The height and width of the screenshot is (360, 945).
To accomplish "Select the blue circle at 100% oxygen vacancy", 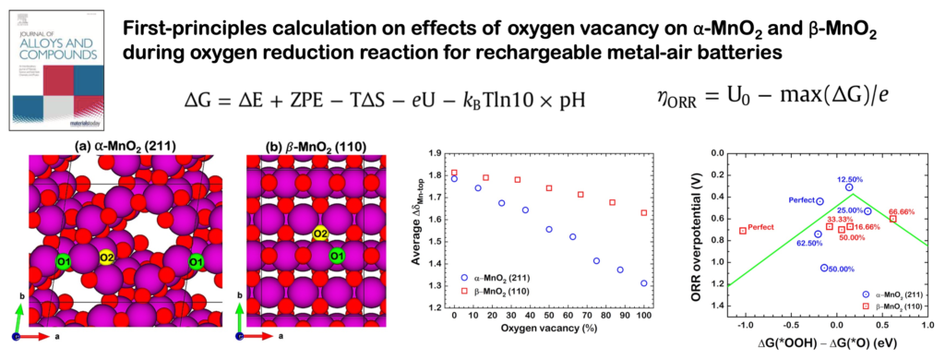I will (643, 283).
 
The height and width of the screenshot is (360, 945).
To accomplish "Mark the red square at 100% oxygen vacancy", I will (643, 213).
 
